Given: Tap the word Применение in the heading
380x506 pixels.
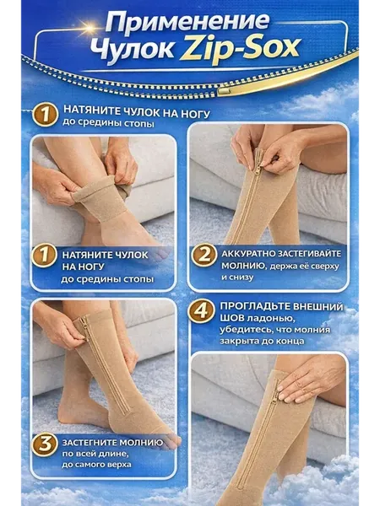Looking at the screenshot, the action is pos(187,22).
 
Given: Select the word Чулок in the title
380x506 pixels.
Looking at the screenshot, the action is pos(132,48).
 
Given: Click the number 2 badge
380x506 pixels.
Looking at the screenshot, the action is pos(204,255).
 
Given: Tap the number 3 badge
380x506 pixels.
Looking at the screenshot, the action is pos(45,444).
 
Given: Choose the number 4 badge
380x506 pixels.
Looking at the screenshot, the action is pos(201,310).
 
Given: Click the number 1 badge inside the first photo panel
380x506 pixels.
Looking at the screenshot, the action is pos(45,255).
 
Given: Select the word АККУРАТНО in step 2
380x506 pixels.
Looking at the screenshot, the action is pos(248,254).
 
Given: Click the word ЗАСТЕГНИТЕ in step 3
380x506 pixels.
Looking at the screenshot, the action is pos(85,442).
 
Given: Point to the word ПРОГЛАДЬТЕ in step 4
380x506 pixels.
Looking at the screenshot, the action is pos(252,306).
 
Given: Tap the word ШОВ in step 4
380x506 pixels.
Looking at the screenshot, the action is pos(232,318).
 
